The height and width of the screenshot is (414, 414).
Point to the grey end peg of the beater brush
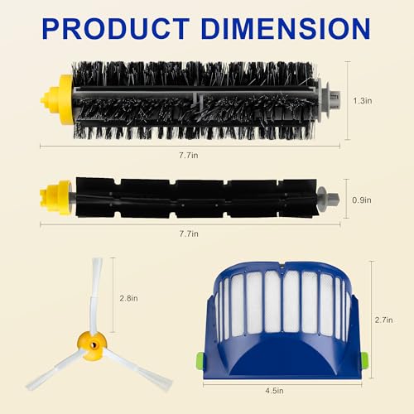(x=329, y=200)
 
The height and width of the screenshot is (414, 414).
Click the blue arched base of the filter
(x=282, y=364)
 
